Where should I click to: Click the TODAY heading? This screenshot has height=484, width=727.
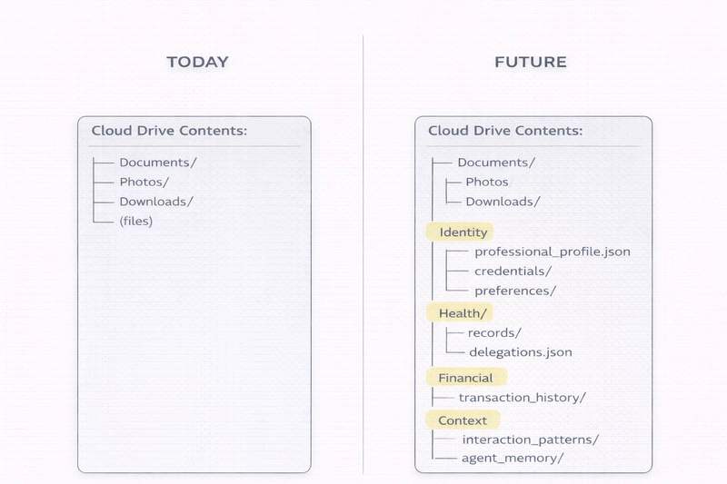tap(197, 63)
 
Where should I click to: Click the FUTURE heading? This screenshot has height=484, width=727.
tap(530, 63)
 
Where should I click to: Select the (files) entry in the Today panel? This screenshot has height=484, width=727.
tap(136, 221)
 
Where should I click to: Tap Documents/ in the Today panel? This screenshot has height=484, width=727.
tap(158, 163)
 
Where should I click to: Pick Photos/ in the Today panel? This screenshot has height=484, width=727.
tap(144, 182)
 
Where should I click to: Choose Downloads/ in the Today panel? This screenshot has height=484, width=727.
tap(156, 202)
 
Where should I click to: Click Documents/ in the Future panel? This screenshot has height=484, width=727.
tap(496, 163)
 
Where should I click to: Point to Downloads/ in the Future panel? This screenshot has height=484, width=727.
tap(503, 202)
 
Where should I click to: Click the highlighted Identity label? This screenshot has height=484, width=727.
tap(463, 232)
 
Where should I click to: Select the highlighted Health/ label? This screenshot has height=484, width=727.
tap(463, 313)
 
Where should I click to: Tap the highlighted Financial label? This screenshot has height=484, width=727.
tap(465, 378)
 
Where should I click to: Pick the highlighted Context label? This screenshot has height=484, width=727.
tap(463, 420)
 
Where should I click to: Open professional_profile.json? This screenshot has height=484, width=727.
tap(552, 252)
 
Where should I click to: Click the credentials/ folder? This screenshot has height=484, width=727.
tap(513, 272)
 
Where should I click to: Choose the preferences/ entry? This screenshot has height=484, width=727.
tap(514, 291)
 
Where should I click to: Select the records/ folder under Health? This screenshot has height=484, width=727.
tap(494, 333)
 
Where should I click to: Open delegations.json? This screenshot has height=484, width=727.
tap(520, 352)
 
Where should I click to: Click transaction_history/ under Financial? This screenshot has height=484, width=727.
tap(522, 398)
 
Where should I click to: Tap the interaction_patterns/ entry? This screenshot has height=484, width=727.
tap(530, 440)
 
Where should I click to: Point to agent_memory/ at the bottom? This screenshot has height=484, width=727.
tap(513, 459)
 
